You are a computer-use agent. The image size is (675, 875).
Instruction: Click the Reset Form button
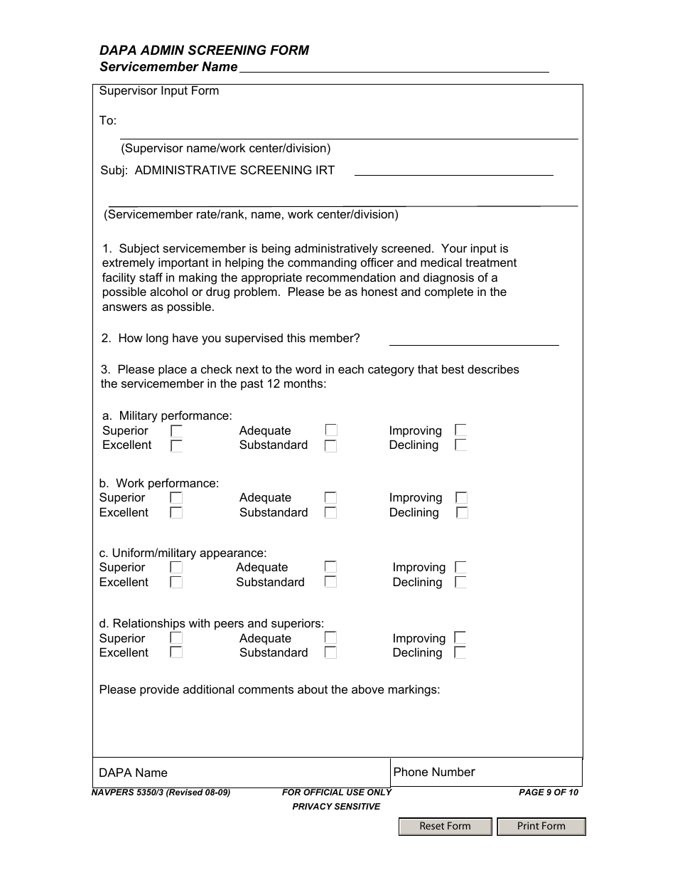[445, 826]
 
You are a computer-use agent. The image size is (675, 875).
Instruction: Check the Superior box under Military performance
[176, 431]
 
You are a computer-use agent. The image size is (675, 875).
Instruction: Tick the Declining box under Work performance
[462, 512]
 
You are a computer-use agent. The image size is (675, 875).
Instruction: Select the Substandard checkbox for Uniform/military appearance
[330, 582]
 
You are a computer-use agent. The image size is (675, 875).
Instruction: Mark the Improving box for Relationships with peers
[460, 638]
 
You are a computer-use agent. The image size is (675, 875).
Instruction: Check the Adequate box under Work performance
[330, 498]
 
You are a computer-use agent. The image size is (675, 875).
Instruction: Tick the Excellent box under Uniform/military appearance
[176, 582]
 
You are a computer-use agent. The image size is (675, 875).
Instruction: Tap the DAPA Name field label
[134, 773]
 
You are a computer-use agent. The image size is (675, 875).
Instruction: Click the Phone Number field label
[434, 772]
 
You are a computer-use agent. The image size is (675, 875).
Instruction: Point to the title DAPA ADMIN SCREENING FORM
[204, 51]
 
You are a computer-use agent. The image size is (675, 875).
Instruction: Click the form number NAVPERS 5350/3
[161, 792]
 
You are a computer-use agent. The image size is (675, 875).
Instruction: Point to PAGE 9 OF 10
[549, 792]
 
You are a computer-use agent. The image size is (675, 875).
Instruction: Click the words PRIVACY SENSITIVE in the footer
[336, 806]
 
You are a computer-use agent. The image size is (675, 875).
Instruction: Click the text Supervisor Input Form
[159, 91]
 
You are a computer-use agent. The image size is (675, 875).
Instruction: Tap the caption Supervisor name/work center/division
[226, 149]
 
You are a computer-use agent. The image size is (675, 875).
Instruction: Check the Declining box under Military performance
[460, 445]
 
